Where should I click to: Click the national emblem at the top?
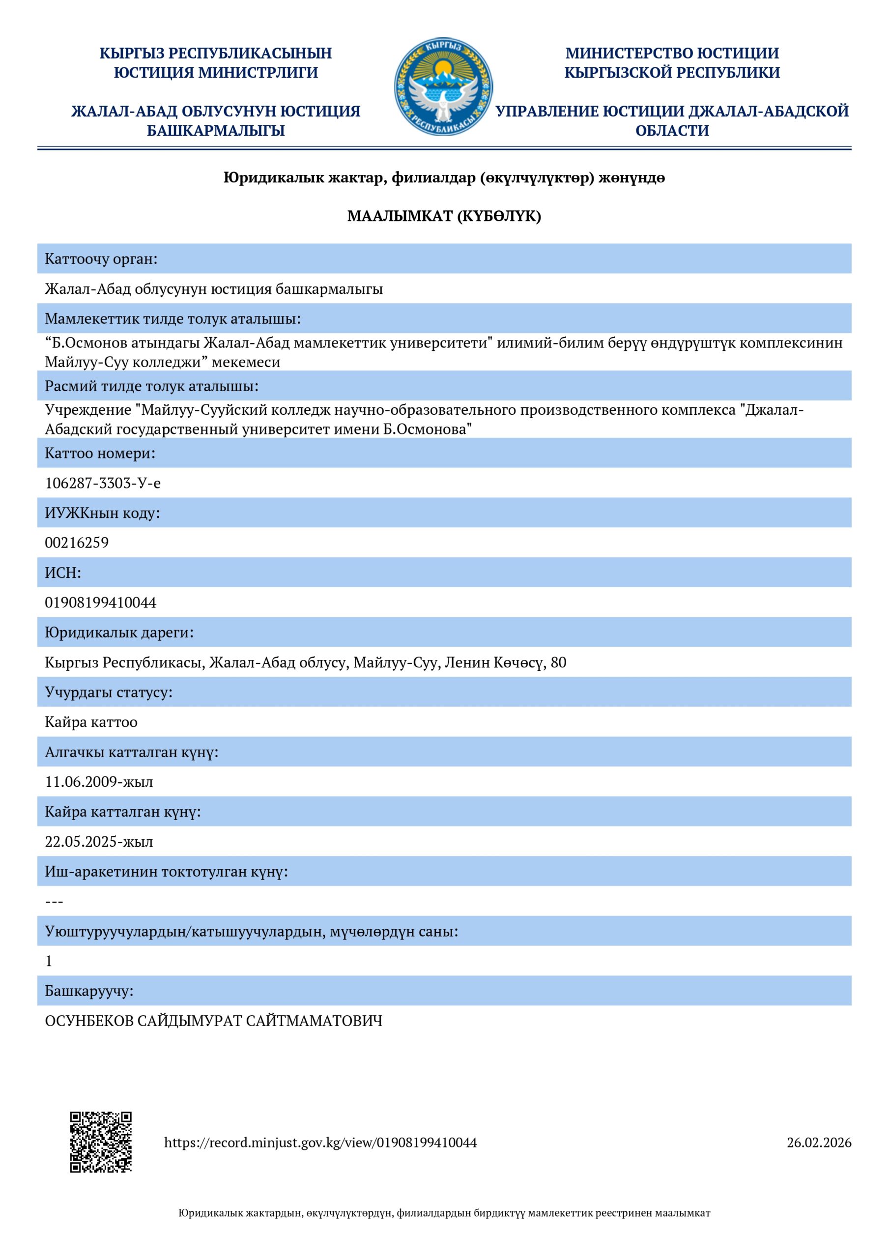(x=443, y=87)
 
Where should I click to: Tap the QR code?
(x=101, y=1142)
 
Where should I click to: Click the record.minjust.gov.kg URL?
(x=320, y=1143)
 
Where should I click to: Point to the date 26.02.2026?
(x=818, y=1143)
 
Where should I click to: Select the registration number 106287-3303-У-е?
(x=103, y=483)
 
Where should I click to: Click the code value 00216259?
(x=77, y=543)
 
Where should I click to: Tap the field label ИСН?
(x=62, y=572)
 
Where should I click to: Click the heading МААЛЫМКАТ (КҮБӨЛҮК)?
(x=444, y=216)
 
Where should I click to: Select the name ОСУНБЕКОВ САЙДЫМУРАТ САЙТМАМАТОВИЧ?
(x=213, y=1021)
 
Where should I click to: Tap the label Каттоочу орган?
(x=101, y=258)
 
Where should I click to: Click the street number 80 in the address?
(x=558, y=662)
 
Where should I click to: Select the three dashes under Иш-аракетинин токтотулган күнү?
(x=54, y=901)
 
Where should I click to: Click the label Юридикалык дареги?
(x=119, y=632)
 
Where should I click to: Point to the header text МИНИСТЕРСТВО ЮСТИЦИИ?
(x=672, y=53)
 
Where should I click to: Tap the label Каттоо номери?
(x=100, y=453)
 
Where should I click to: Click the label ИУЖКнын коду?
(x=102, y=513)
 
